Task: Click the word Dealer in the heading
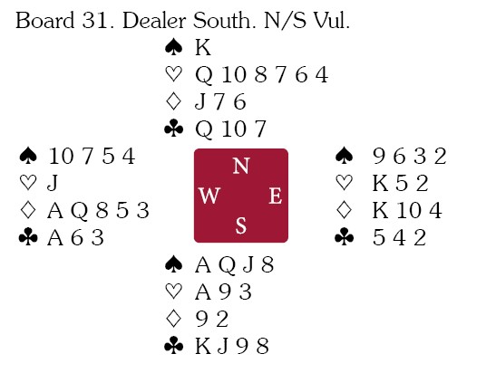click(154, 21)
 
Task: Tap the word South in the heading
click(224, 21)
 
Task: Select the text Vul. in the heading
click(332, 21)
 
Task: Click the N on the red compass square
click(241, 166)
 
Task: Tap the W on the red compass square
click(209, 196)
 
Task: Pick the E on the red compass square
click(276, 196)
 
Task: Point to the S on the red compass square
click(241, 225)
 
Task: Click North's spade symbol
click(174, 48)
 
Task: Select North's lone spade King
click(203, 48)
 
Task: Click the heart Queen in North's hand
click(204, 76)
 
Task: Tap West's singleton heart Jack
click(53, 183)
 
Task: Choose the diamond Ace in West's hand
click(55, 211)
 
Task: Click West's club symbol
click(28, 237)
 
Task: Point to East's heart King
click(380, 183)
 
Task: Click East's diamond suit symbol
click(344, 210)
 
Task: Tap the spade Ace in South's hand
click(203, 265)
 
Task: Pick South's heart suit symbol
click(174, 292)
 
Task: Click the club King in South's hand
click(203, 346)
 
